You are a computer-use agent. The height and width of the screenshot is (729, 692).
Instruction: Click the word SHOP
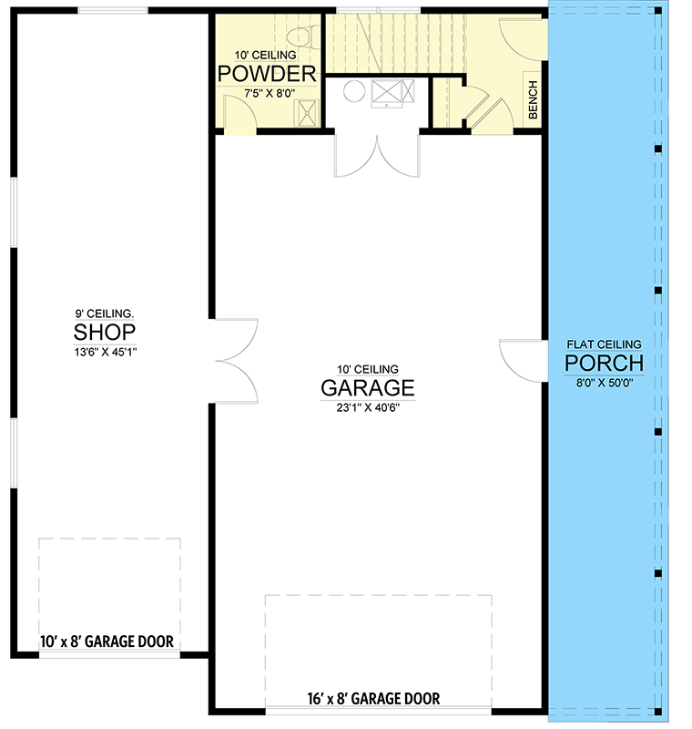coord(105,330)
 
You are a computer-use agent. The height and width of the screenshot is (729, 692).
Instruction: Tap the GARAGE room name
coord(367,387)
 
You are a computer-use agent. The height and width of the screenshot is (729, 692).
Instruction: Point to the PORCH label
coord(604,364)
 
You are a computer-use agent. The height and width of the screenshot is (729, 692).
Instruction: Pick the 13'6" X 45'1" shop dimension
coord(105,349)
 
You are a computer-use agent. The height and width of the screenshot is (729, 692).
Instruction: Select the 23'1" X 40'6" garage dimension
coord(367,407)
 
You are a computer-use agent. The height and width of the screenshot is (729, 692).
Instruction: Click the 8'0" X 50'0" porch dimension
coord(604,383)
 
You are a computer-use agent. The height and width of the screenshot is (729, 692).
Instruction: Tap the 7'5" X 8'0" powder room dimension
coord(267,93)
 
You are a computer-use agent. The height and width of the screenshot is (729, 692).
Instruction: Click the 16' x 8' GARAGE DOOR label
coord(373,699)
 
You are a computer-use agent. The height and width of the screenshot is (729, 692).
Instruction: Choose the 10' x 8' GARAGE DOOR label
coord(107,642)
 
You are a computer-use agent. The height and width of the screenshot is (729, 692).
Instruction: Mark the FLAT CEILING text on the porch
coord(604,344)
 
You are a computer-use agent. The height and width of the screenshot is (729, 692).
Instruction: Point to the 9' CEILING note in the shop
coord(105,311)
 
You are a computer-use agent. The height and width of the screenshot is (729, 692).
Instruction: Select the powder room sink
coord(310,112)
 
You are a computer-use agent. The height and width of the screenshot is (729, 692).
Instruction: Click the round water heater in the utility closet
coord(353,91)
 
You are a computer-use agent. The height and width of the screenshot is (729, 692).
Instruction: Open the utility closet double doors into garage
coord(376,155)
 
